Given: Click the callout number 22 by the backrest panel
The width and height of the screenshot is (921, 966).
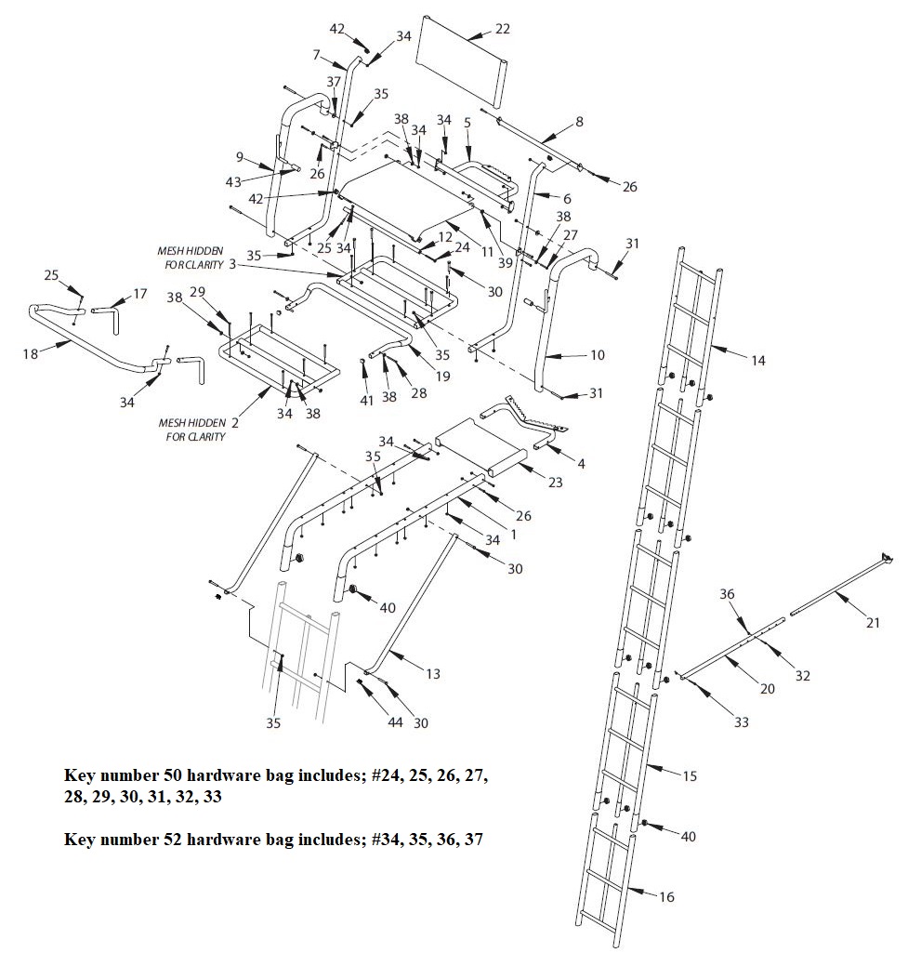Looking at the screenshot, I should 502,30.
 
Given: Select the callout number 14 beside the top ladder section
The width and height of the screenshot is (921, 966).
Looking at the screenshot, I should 758,360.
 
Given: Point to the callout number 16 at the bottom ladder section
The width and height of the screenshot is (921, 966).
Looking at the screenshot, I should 666,897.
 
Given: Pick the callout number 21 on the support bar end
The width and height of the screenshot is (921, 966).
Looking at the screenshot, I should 872,623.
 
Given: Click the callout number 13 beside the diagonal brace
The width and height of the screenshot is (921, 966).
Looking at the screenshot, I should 433,674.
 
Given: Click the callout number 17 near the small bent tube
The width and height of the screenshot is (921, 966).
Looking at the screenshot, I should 140,294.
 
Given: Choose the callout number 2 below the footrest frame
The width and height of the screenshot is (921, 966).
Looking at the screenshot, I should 235,422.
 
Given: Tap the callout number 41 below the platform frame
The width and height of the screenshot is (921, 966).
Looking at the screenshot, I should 367,400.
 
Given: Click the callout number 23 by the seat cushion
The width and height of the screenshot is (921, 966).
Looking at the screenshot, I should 556,482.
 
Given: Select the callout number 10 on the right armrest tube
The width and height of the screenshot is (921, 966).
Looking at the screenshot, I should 598,354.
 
